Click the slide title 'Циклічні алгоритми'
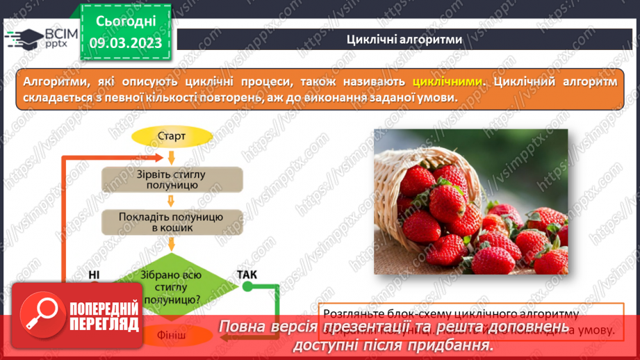click(x=404, y=39)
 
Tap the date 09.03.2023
click(x=124, y=43)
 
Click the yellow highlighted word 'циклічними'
click(x=447, y=81)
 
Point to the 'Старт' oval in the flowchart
click(x=172, y=136)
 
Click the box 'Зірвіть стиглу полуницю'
click(x=172, y=179)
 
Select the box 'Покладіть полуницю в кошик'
click(x=172, y=222)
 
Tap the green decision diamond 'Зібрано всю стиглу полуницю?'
click(x=171, y=285)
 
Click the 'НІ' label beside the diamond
click(x=95, y=275)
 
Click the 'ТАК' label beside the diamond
click(x=247, y=275)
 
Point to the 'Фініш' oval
click(x=172, y=336)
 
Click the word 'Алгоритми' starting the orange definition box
click(x=50, y=81)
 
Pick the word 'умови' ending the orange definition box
click(x=438, y=98)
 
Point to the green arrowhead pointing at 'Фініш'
click(x=224, y=336)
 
